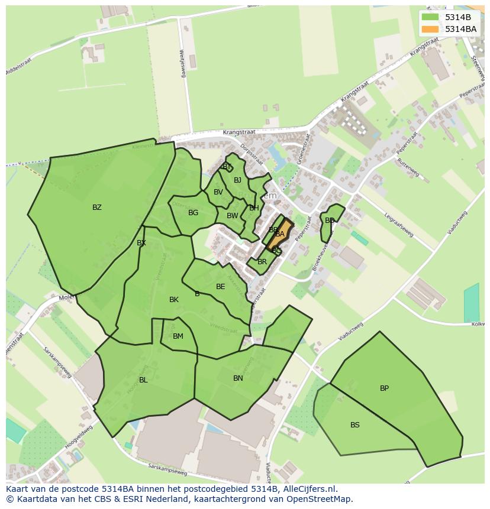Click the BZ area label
point(97,208)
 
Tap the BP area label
point(384,388)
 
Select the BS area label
point(354,425)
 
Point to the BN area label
point(238,378)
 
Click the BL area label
point(143,380)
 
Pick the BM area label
point(178,336)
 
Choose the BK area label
point(173,300)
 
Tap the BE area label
point(220,287)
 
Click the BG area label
point(193,213)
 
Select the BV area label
point(218,192)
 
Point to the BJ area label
point(237,180)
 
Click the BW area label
point(232,216)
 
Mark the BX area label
point(141,243)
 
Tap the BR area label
point(262,262)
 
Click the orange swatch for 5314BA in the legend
point(430,29)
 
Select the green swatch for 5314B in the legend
point(430,17)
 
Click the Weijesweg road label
point(183,61)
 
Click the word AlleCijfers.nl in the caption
point(309,489)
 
